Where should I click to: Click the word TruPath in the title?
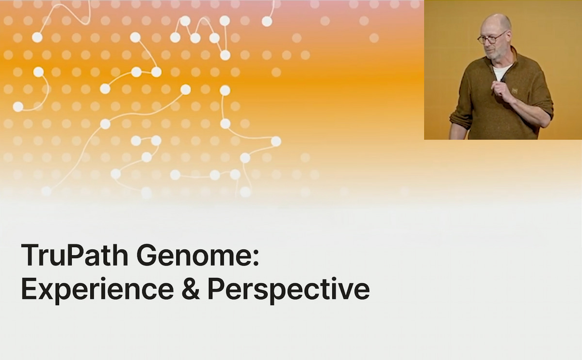pos(75,255)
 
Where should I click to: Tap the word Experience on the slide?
pos(97,289)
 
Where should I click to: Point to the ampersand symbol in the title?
pos(191,289)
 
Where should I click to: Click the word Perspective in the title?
pos(289,289)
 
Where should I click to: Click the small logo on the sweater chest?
pos(515,91)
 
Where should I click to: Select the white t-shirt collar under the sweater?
pos(501,71)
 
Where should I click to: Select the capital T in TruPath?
pos(29,255)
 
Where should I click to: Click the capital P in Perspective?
pos(216,288)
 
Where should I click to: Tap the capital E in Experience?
pos(29,288)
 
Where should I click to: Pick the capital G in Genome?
pos(146,255)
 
